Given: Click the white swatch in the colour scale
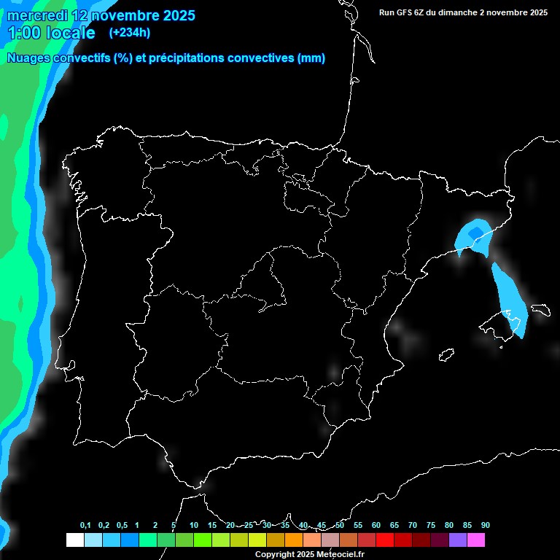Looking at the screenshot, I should [x=74, y=540].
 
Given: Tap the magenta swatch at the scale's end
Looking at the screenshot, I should [x=476, y=540].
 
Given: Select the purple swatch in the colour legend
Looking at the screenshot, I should [x=458, y=540].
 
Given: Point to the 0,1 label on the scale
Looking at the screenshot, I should [x=85, y=525].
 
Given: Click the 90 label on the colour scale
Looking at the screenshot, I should [x=485, y=525].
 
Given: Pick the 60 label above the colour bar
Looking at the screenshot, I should [x=376, y=525].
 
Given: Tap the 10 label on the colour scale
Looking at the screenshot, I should [x=193, y=525].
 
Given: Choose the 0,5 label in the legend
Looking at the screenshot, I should [x=121, y=525].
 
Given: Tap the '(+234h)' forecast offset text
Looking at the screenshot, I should [x=129, y=33].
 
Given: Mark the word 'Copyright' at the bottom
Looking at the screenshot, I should [x=274, y=554].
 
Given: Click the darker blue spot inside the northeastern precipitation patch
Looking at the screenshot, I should [x=475, y=233].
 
